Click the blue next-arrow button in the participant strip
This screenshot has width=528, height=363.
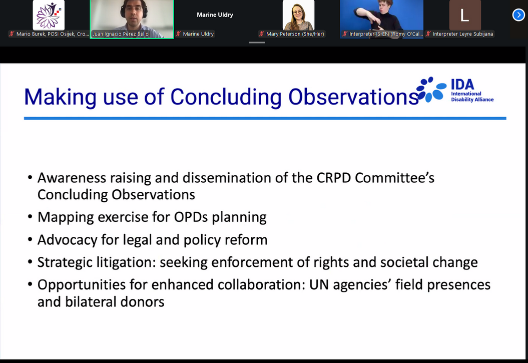518,15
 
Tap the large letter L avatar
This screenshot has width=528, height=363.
465,15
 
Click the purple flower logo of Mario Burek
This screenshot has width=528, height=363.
49,15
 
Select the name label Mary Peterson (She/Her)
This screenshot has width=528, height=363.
295,34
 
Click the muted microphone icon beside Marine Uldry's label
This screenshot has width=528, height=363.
179,34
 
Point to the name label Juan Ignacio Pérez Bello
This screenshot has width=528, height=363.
120,34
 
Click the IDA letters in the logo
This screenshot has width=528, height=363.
462,84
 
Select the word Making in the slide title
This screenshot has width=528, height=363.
60,97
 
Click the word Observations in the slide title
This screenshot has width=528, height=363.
353,97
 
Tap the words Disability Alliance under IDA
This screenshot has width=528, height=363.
472,100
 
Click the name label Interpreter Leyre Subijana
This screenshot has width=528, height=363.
462,34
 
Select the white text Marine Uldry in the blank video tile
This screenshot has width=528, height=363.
215,15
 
